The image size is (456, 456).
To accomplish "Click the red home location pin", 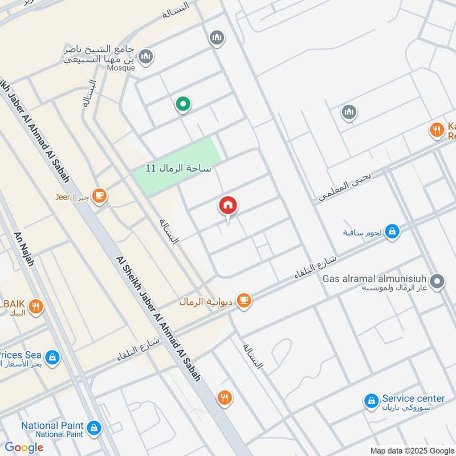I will [228, 206].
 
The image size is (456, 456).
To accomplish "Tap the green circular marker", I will [182, 104].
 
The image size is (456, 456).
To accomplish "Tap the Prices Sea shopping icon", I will [52, 357].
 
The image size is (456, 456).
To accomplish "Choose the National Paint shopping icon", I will [94, 427].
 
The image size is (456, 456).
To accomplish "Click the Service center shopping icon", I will [371, 401].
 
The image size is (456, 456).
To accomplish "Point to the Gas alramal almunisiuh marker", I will [437, 280].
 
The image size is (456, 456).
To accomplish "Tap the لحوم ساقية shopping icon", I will [392, 231].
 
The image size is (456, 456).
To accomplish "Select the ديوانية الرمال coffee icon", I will [243, 300].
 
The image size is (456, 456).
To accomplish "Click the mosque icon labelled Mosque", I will [146, 56].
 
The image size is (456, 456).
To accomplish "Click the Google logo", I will [24, 447].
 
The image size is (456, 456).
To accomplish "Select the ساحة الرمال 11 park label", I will [178, 168].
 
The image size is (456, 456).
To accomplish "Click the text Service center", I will [413, 398].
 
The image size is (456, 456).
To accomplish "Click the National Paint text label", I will [52, 426].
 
